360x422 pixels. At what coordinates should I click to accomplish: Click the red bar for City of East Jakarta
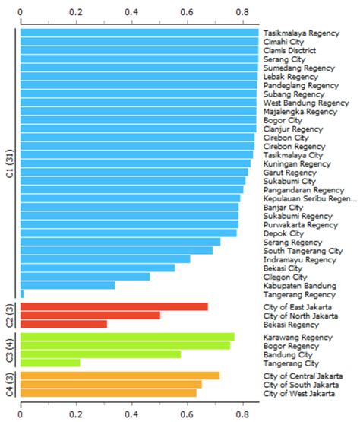pos(114,306)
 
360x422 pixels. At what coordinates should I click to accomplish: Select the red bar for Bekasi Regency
pos(64,324)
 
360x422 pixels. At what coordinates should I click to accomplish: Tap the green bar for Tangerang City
pos(50,363)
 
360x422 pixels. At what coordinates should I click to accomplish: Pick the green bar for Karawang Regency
pos(127,337)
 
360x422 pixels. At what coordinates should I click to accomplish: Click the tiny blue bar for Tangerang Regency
pos(22,293)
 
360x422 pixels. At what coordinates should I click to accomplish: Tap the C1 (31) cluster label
pos(10,162)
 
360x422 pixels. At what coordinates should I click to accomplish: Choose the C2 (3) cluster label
pos(10,316)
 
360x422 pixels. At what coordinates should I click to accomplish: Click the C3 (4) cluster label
pos(10,350)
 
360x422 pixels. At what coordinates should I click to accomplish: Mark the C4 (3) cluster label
pos(10,384)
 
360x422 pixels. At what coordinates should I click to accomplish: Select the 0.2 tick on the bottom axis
pos(76,414)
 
